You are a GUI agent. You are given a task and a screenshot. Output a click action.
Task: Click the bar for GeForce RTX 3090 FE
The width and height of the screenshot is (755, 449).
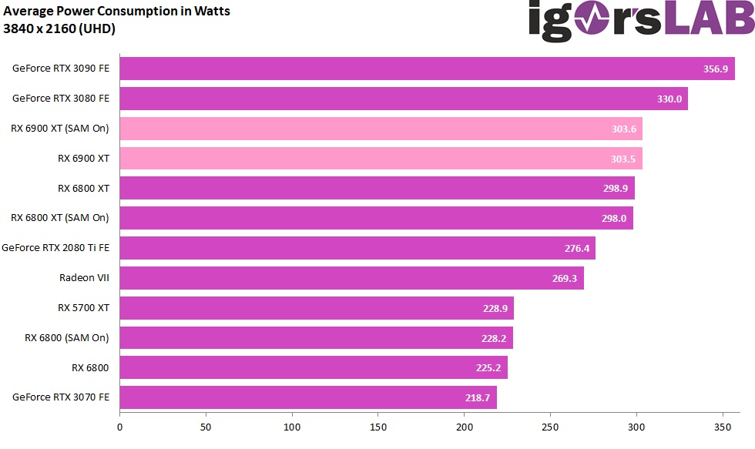pos(427,69)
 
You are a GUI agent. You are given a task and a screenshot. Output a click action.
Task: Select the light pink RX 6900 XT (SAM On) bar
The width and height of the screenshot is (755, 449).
pos(381,129)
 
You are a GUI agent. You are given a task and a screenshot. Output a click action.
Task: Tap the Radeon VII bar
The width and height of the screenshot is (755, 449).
pos(351,278)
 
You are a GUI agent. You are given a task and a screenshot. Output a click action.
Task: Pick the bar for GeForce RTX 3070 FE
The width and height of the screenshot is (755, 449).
pos(308,397)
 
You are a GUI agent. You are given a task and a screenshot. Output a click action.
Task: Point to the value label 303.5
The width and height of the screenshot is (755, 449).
pos(624,159)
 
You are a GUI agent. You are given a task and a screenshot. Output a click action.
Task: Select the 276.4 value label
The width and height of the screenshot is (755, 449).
pos(577,249)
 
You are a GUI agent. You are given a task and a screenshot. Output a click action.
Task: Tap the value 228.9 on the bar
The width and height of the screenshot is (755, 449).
pos(495,308)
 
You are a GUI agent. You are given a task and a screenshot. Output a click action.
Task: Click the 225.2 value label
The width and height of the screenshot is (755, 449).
pos(488,368)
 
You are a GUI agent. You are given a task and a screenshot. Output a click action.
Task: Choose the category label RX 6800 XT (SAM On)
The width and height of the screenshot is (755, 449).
pos(60,218)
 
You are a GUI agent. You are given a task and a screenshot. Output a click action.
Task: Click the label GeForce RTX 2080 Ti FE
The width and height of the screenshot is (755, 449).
pos(55,248)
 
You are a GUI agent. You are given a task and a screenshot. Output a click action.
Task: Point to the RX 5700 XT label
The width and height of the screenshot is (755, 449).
pos(83,308)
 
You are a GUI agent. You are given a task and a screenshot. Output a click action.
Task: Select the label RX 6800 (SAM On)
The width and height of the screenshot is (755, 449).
pos(67,337)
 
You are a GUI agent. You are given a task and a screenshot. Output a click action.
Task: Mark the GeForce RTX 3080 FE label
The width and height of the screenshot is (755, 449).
pos(61,99)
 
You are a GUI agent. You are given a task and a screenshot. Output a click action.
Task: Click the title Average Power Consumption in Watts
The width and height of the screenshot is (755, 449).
pos(117,12)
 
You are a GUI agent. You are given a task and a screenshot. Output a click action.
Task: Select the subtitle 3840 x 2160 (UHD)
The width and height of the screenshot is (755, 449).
pos(59,29)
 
